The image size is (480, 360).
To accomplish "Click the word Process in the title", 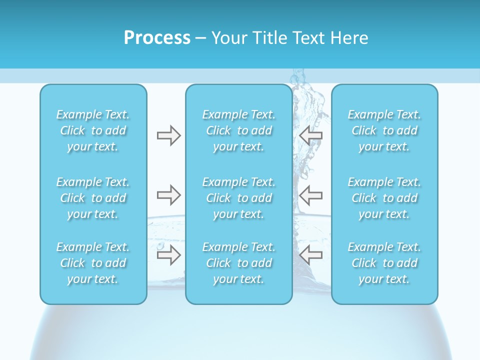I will click(x=157, y=38).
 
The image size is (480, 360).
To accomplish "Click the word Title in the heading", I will click(x=267, y=38).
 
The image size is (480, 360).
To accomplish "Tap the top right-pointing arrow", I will click(x=168, y=135).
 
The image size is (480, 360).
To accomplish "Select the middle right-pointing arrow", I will click(x=168, y=195).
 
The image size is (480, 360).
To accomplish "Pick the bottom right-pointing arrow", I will click(x=168, y=255).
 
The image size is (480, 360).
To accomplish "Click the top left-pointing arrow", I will click(x=310, y=135).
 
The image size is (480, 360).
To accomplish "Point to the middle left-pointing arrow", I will click(x=310, y=195).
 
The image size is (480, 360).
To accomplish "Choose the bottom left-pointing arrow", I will click(x=310, y=255).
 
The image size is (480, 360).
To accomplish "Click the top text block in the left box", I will click(x=93, y=130).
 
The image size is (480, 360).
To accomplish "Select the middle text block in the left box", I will click(x=93, y=198).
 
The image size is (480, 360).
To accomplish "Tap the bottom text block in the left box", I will click(x=93, y=263).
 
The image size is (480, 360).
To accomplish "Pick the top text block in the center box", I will click(x=239, y=130).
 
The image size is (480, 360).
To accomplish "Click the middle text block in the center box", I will click(x=239, y=198).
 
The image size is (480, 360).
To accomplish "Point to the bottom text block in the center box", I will click(x=239, y=263).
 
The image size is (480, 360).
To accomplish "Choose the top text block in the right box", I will click(x=384, y=130).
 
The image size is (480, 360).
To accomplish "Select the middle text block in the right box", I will click(x=384, y=198).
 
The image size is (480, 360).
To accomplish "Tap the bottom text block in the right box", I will click(x=384, y=263).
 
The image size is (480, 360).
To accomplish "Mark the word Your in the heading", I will click(x=228, y=38).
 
